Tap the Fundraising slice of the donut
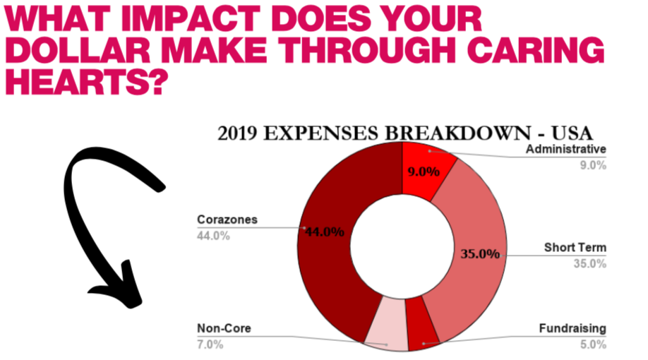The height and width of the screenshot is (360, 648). tap(422, 325)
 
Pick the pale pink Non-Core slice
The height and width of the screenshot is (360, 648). tap(386, 325)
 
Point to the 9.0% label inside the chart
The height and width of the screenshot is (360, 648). tap(424, 172)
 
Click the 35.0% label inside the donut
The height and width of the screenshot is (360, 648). tap(480, 253)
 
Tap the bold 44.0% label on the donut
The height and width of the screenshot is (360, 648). tap(325, 232)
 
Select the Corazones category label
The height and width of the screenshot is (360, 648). tap(227, 220)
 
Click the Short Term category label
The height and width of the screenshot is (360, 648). tap(575, 248)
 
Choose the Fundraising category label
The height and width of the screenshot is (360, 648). tap(572, 328)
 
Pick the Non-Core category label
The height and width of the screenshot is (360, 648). tap(224, 328)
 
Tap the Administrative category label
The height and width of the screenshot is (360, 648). tap(565, 149)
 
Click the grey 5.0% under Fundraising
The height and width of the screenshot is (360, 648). tap(593, 344)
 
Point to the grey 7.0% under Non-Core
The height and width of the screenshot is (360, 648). tap(210, 344)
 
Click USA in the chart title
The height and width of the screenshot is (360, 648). tap(572, 133)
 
